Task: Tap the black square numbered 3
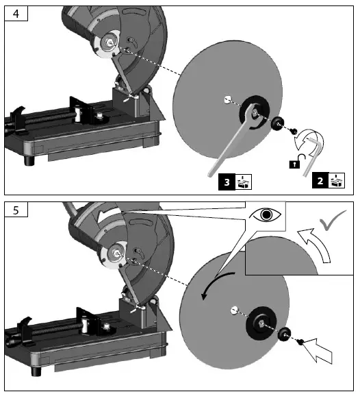tap(225, 182)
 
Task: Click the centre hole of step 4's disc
tap(226, 100)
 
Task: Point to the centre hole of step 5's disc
tap(234, 309)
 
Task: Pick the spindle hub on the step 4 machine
tap(110, 40)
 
